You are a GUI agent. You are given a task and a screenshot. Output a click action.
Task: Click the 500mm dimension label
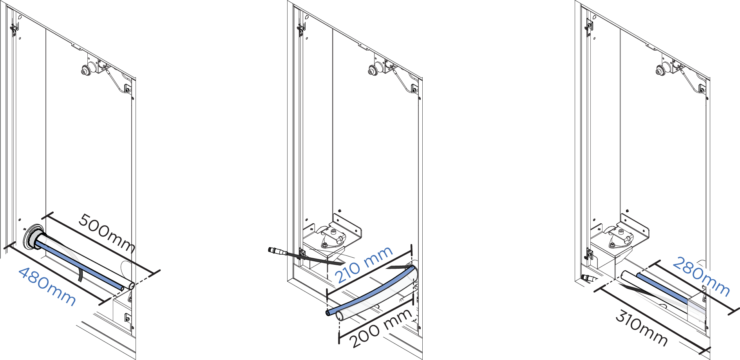pos(107,233)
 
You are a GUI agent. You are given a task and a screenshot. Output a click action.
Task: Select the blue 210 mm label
pos(364,264)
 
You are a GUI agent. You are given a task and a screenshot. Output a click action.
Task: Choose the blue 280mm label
pos(701,277)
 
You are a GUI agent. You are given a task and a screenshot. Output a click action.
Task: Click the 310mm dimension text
pos(641,327)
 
